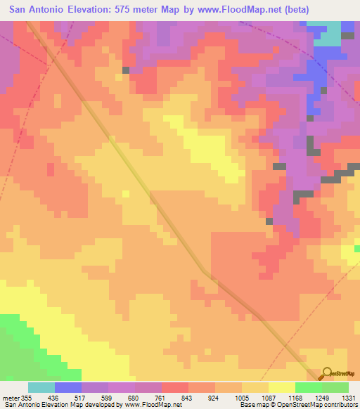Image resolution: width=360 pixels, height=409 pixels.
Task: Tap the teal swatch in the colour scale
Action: click(41, 387)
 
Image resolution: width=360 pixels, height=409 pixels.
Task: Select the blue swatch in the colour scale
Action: click(68, 387)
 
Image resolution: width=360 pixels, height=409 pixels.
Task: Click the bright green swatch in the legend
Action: click(309, 387)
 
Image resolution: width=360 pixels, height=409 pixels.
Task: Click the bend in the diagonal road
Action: click(204, 271)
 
